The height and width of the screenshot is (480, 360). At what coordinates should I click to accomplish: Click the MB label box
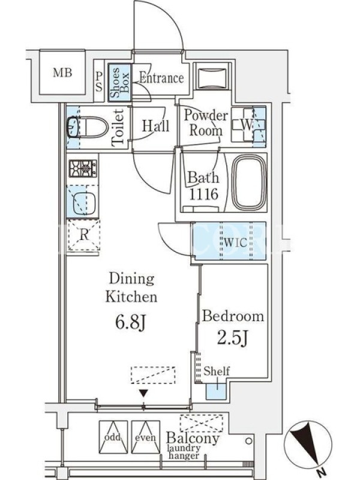coord(62,73)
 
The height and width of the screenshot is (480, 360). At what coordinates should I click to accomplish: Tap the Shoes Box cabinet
coord(119,83)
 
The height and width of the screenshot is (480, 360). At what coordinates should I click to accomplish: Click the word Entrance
coord(161,78)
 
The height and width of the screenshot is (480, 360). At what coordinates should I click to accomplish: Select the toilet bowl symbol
coord(88,127)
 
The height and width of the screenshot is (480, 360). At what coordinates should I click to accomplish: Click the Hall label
coord(155,125)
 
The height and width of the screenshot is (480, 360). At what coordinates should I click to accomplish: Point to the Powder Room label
coord(206,123)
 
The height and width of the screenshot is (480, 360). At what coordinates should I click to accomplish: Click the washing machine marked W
coord(248,125)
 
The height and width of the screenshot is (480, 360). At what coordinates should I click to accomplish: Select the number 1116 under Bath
coord(203,194)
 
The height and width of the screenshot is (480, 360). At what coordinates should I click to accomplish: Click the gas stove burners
coord(83,169)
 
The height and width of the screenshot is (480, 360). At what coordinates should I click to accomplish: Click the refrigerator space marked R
coord(84,235)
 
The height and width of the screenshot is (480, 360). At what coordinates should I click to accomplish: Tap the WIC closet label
coord(235,242)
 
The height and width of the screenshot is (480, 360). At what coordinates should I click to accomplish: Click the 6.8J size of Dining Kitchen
coord(131,322)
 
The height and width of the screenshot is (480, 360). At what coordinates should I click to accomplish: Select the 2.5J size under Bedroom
coord(232,338)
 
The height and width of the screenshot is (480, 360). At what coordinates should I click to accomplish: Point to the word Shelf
coord(217,371)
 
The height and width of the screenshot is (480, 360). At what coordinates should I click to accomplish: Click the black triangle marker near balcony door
coord(143,393)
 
